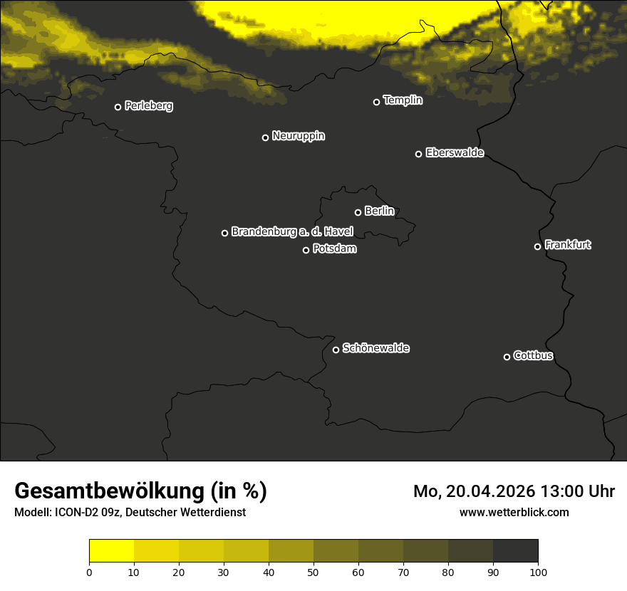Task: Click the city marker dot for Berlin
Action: [x=358, y=212]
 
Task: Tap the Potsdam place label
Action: [x=334, y=249]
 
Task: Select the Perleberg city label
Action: [x=148, y=106]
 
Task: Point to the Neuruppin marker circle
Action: [x=265, y=137]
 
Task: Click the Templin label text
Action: [x=403, y=100]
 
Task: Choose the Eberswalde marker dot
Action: [x=418, y=154]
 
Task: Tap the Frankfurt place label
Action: [x=567, y=245]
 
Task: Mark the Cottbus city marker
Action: [x=507, y=357]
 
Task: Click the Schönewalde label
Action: [x=375, y=348]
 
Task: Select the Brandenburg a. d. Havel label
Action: [x=292, y=231]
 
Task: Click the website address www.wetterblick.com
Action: [x=514, y=512]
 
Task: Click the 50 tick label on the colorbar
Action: [x=313, y=572]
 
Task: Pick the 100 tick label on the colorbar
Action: [x=538, y=572]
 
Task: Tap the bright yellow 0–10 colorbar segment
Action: [x=111, y=550]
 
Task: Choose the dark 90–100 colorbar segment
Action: [x=515, y=550]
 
